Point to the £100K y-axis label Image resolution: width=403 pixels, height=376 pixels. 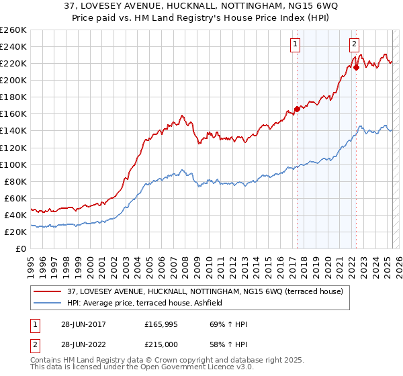(13, 164)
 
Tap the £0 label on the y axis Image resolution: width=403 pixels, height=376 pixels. (21, 248)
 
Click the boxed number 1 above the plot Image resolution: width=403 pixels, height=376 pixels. (296, 45)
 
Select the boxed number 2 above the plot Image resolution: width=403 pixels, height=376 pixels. (354, 45)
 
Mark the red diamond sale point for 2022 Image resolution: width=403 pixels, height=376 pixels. (356, 66)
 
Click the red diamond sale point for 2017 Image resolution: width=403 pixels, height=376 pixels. (297, 109)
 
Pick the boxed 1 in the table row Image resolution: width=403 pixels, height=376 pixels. (35, 324)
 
